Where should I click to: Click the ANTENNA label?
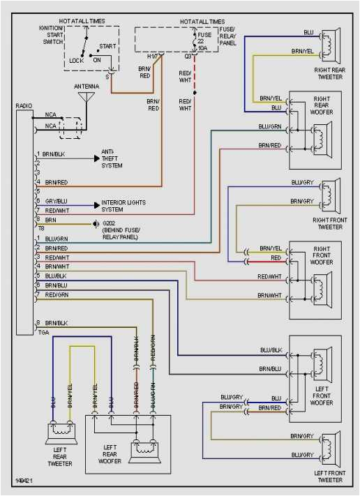(86, 86)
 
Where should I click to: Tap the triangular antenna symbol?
(86, 97)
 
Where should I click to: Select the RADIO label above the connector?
(24, 105)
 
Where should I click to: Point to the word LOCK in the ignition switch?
(76, 61)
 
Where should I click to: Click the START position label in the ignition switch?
(107, 46)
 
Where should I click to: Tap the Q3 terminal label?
(188, 56)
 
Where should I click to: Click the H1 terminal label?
(152, 56)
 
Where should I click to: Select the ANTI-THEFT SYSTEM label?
(112, 162)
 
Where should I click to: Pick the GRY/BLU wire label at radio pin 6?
(57, 200)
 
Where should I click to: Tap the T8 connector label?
(40, 227)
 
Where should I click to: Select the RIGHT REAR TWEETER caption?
(329, 73)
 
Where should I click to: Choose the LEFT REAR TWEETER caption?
(60, 458)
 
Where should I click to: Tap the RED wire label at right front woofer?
(276, 257)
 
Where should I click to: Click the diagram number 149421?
(25, 481)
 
